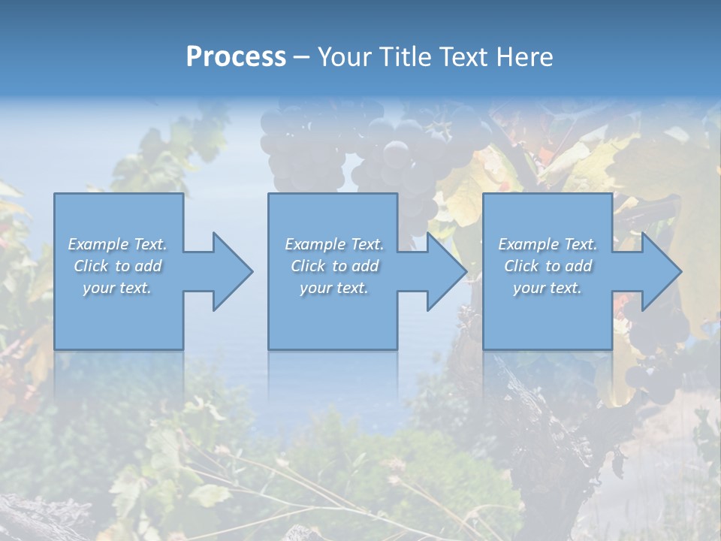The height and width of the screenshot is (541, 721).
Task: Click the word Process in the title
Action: pos(236,57)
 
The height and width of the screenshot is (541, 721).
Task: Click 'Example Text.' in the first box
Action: pos(118,244)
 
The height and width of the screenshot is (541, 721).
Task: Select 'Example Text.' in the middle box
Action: pos(334,244)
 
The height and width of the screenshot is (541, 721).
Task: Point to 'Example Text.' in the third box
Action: pos(548,244)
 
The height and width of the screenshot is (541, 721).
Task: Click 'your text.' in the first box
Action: pos(117,288)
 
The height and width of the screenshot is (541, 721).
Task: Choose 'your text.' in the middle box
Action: pos(334,288)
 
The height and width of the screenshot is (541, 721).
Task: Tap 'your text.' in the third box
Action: pos(548,288)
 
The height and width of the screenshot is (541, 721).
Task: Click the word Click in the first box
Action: pos(91,266)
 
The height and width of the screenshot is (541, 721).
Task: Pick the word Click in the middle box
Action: pos(308,266)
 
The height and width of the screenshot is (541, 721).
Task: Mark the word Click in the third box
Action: pos(521,266)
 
